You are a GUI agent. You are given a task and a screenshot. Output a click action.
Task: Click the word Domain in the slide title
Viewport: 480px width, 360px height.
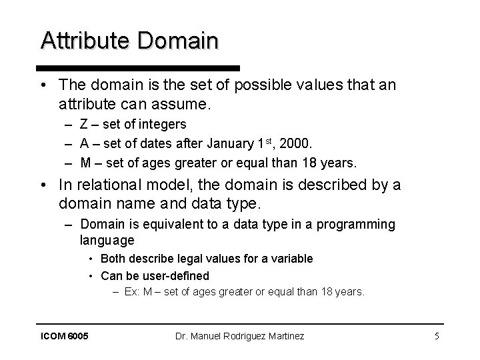177,41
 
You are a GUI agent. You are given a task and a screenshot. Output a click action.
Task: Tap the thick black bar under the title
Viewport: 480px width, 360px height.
138,68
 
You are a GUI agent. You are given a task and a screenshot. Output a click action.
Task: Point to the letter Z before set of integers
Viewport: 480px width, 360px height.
83,125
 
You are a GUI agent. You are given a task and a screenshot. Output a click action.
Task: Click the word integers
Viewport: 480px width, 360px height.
164,125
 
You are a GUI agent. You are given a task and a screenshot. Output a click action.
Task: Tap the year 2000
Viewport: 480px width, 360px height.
300,143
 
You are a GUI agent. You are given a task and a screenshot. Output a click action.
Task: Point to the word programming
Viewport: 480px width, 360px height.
357,225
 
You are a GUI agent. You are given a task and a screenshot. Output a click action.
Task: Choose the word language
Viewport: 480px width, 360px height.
107,240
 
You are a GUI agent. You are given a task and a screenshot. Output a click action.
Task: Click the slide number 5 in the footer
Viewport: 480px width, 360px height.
437,336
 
